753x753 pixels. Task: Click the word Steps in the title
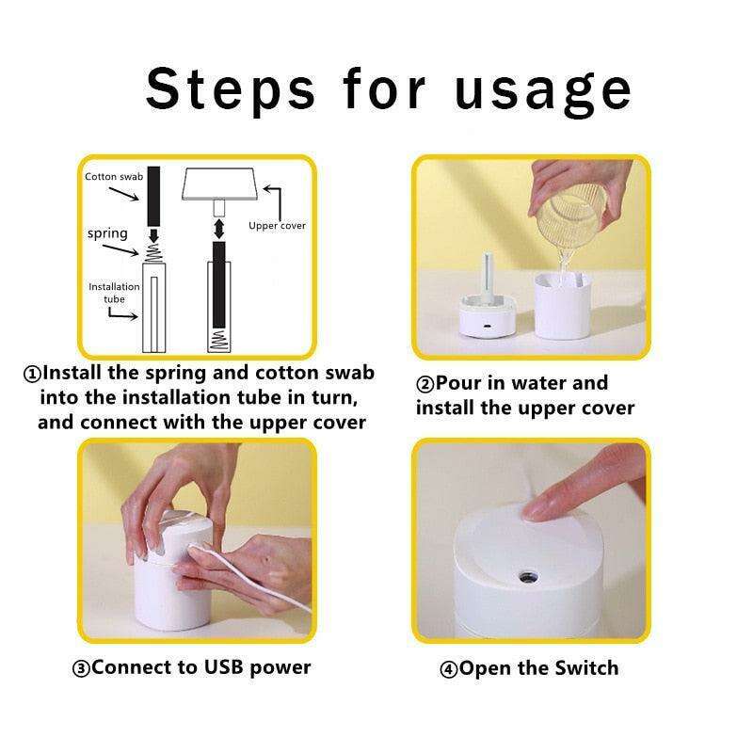coord(231,89)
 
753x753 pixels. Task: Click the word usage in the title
coord(543,93)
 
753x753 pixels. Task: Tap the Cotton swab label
coord(114,177)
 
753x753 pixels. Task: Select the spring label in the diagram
coord(107,233)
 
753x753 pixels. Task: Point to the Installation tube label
coord(114,293)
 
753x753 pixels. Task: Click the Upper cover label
coord(277,226)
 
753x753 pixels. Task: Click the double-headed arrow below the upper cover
coord(219,229)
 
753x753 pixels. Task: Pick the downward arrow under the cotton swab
coord(153,236)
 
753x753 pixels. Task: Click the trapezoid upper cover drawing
coord(219,184)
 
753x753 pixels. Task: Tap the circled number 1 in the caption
coord(32,374)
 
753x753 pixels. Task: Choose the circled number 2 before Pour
coord(425,385)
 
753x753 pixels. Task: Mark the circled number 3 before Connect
coord(81,668)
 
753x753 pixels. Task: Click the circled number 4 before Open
coord(449,669)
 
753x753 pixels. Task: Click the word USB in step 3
coord(223,667)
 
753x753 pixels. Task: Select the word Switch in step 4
coord(586,668)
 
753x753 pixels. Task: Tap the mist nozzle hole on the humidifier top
coord(528,576)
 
